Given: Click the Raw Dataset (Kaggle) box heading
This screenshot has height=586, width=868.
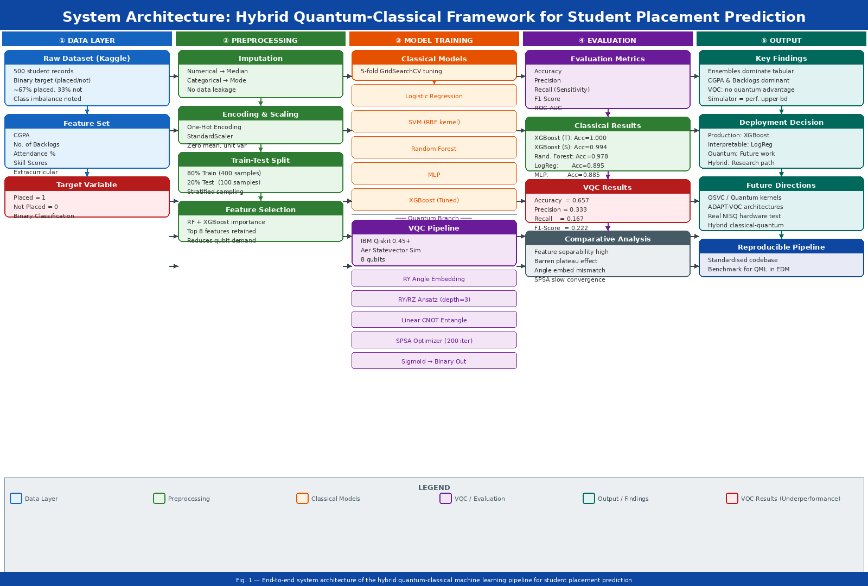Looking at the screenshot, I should [87, 58].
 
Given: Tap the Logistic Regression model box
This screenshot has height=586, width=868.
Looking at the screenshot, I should [434, 96].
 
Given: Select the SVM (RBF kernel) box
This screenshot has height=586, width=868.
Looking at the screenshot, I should [434, 122].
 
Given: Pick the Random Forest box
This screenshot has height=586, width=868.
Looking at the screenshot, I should [434, 148].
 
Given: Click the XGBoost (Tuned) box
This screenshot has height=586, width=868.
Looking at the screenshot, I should [434, 200].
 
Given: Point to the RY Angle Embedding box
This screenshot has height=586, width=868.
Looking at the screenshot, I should [434, 279].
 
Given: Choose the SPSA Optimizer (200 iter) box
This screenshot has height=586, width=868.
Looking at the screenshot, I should [434, 341].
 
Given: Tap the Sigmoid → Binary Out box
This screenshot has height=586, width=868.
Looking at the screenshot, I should [434, 361].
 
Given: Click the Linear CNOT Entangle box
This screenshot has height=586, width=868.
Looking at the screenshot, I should [434, 320].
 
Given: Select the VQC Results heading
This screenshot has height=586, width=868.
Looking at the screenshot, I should [608, 187].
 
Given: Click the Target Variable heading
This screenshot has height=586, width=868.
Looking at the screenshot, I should [87, 184].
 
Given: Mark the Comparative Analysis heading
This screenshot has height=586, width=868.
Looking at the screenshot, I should [608, 239].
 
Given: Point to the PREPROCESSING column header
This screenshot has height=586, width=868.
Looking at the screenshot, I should [260, 40].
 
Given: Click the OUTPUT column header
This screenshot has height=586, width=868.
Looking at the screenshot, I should [781, 40].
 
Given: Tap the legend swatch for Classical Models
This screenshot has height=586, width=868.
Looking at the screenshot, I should [302, 499].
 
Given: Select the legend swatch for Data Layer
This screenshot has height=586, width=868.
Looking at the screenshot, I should [16, 499].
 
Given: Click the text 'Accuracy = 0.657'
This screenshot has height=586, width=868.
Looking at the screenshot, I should [561, 200].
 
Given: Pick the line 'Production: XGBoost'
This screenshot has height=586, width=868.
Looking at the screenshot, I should [738, 135].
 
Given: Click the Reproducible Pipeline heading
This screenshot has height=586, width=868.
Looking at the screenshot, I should [781, 247].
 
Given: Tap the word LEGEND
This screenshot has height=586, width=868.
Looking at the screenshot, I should [434, 488].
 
